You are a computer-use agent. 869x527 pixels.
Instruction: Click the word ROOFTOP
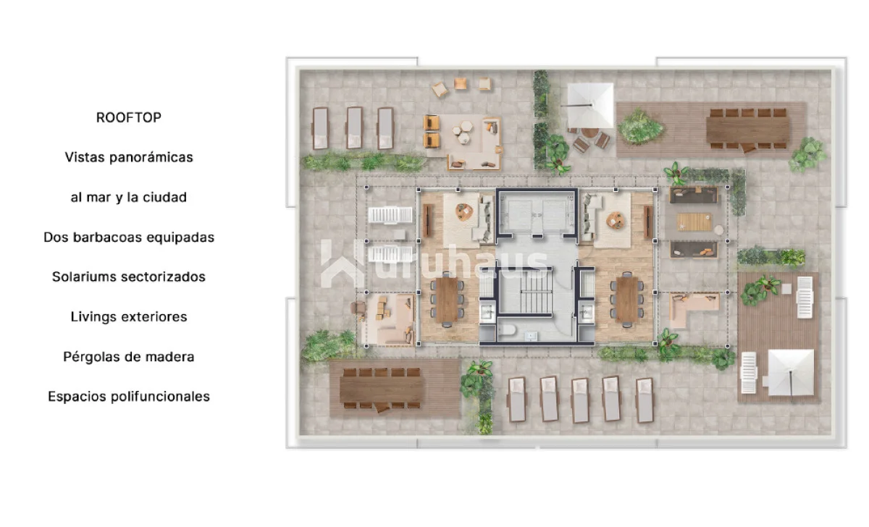[x=129, y=117]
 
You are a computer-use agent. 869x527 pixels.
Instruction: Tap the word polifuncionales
[x=160, y=397]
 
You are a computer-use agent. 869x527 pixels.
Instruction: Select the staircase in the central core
[x=536, y=291]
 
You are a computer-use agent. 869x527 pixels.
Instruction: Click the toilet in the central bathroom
[x=508, y=330]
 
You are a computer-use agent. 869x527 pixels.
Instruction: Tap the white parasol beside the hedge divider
[x=590, y=105]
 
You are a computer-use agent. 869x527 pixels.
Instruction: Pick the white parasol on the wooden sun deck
[x=791, y=372]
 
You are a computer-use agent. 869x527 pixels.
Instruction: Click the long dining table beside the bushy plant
[x=747, y=130]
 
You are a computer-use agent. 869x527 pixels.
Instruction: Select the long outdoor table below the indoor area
[x=382, y=389]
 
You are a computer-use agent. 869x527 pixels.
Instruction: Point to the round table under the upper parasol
[x=589, y=133]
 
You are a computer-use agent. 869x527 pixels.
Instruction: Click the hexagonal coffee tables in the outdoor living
[x=463, y=132]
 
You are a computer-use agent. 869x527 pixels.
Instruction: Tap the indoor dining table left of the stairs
[x=447, y=300]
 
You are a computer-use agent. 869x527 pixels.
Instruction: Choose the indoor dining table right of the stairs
[x=627, y=300]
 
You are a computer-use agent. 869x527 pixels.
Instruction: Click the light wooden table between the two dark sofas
[x=694, y=222]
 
